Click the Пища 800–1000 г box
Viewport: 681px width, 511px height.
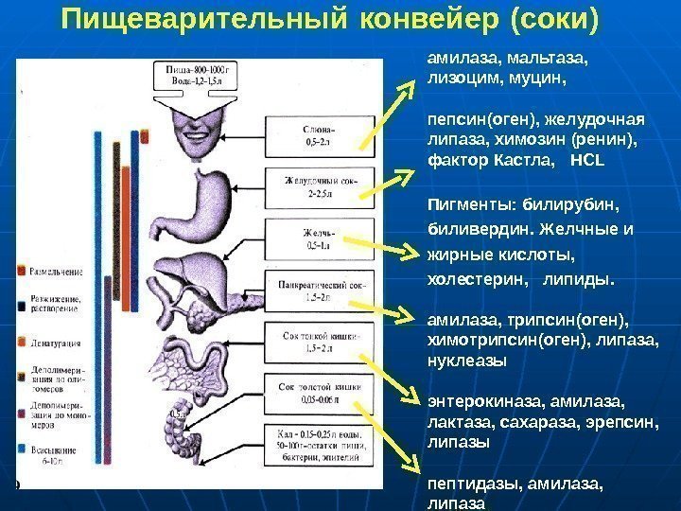pos(197,78)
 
